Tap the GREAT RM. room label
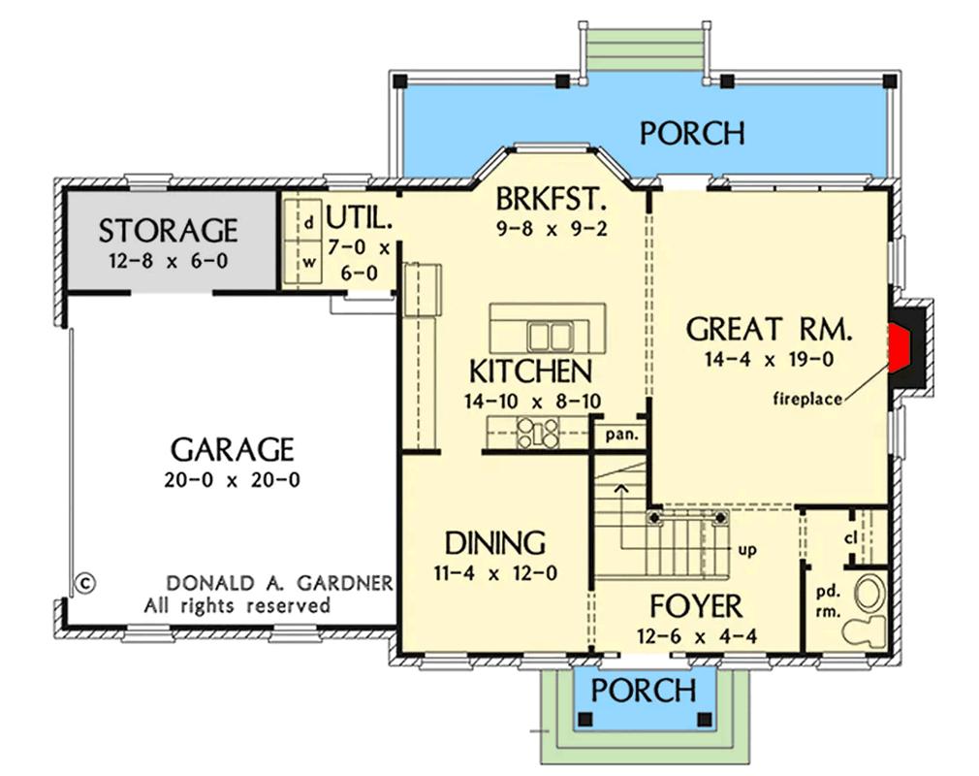[770, 329]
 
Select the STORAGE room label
[168, 230]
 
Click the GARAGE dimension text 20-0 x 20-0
[232, 480]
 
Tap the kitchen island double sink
[550, 336]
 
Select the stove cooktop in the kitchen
[538, 432]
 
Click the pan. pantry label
[621, 435]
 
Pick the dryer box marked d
[309, 222]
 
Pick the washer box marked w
[309, 261]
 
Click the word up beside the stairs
[747, 549]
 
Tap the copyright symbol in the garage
[83, 584]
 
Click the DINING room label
[494, 542]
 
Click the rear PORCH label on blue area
[692, 133]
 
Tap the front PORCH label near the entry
[643, 691]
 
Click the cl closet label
[850, 537]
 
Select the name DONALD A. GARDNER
[279, 584]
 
